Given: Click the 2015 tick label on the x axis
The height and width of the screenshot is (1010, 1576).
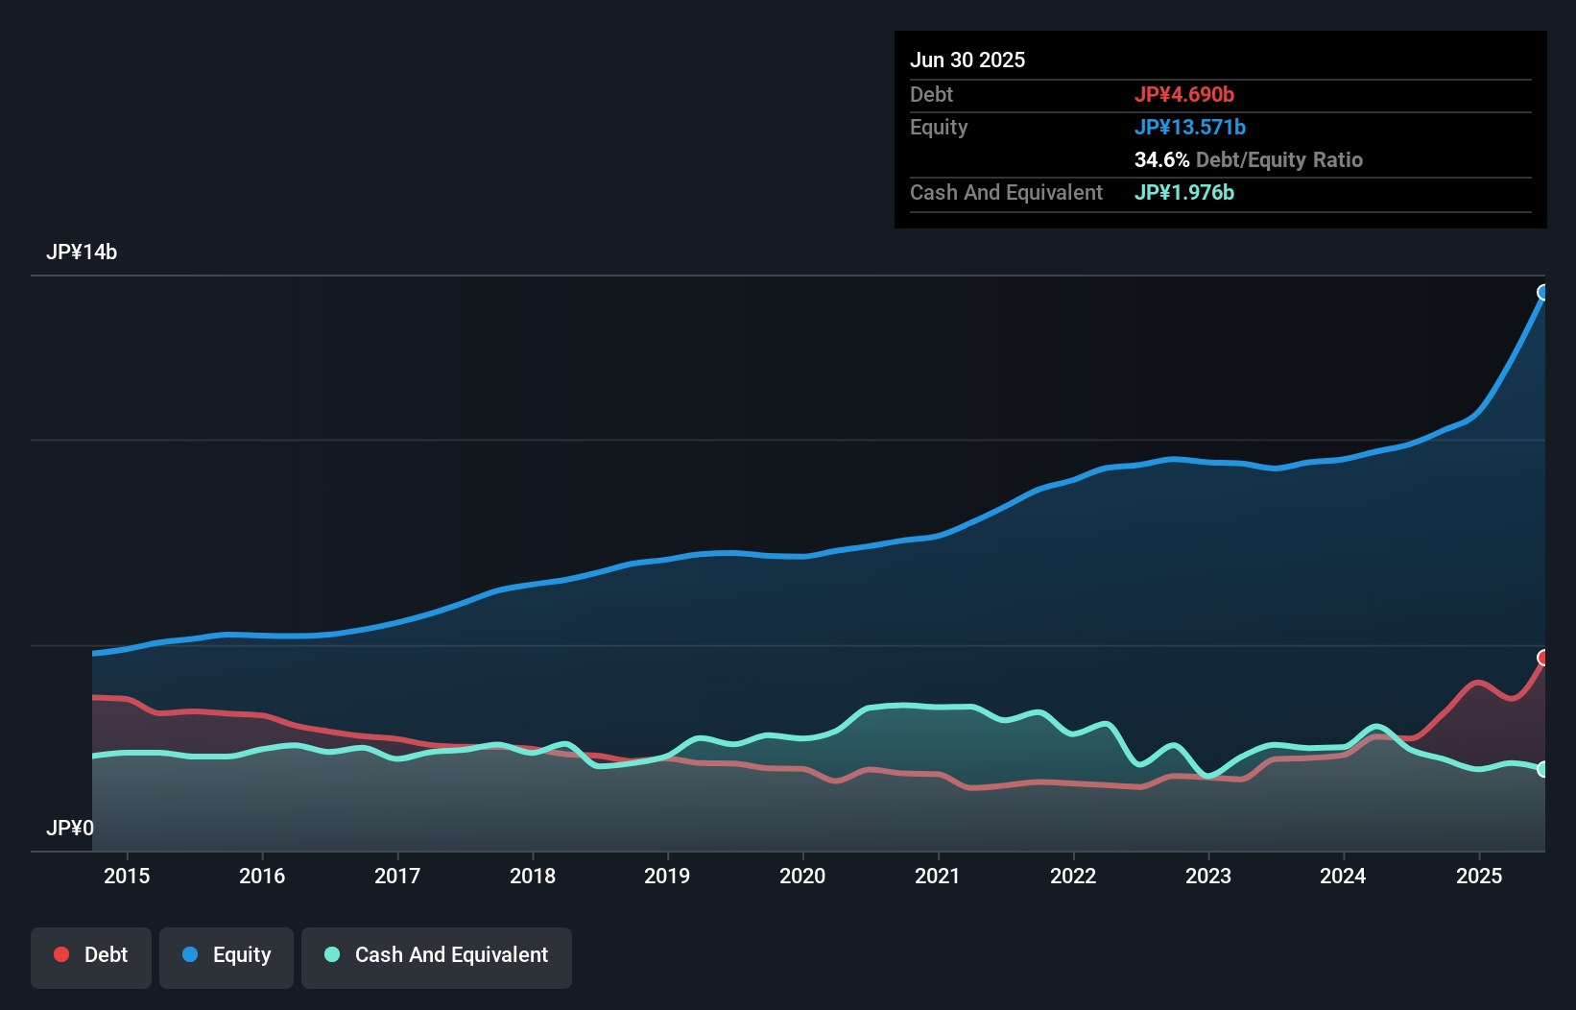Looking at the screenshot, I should point(127,876).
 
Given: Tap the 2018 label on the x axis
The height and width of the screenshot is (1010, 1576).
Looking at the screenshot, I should point(533,876).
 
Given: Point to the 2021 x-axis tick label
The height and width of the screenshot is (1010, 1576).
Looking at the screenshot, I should point(938,876).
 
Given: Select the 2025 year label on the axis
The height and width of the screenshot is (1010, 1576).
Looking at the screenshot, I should point(1479,876).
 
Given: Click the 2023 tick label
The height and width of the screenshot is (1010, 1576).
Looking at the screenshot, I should point(1208,876).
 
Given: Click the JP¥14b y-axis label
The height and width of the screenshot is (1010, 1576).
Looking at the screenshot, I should point(82,252).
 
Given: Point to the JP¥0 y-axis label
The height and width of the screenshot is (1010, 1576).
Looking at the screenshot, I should point(70,828).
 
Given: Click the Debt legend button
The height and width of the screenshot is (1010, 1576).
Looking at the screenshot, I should point(91,955).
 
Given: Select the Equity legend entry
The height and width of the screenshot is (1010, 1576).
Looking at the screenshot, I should point(227,955).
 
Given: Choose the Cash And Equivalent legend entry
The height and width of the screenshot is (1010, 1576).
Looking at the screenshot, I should point(437,955).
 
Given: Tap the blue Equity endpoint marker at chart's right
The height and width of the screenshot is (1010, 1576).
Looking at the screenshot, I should point(1543,293).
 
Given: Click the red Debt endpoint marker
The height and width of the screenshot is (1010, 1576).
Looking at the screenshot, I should point(1543,658).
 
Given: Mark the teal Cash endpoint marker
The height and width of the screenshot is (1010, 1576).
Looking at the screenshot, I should point(1543,769).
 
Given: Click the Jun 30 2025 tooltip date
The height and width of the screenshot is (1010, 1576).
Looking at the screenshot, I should point(967,60).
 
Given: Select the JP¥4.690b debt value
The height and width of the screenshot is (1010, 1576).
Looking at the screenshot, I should point(1184,94).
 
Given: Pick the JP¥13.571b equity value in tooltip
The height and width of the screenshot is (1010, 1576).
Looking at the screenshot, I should point(1190,127).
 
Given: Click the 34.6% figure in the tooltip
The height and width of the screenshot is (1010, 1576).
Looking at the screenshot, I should point(1161,159).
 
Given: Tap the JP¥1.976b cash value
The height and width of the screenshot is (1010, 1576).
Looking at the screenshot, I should point(1184,192).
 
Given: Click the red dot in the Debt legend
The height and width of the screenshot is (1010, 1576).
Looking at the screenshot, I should point(61,954).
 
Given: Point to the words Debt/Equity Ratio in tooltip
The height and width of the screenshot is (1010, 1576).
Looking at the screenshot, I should point(1279,159).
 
